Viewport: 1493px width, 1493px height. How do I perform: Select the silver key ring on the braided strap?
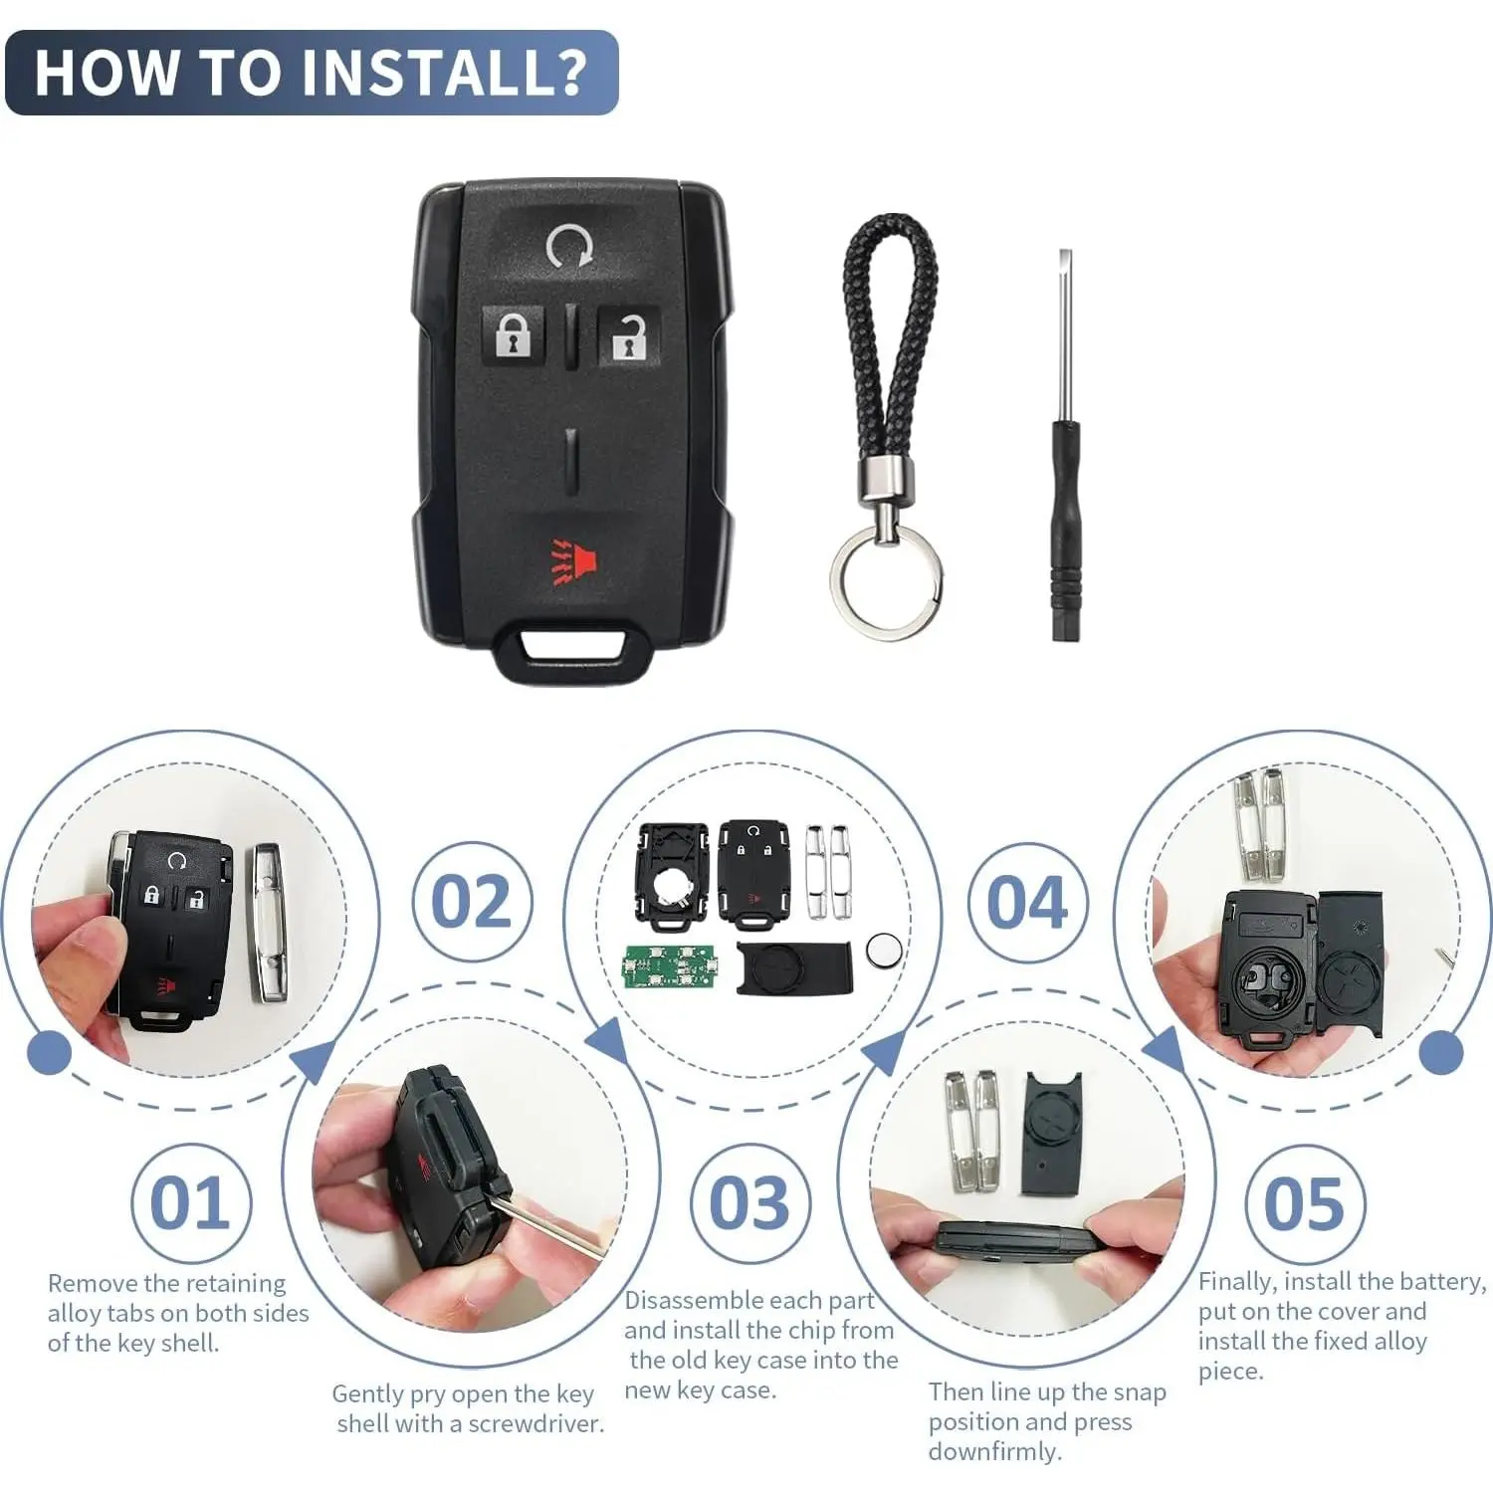coord(886,580)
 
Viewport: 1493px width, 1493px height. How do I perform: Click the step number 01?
coord(190,1203)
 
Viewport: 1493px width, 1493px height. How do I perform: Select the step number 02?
coord(472,902)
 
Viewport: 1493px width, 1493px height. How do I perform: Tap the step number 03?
coord(749,1203)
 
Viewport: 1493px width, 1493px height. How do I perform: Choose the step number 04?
coord(1027,903)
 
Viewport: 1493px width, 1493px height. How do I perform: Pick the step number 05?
coord(1305,1203)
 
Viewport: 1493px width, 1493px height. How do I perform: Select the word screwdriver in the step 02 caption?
coord(536,1423)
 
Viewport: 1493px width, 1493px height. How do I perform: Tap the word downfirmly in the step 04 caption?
coord(995,1451)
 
